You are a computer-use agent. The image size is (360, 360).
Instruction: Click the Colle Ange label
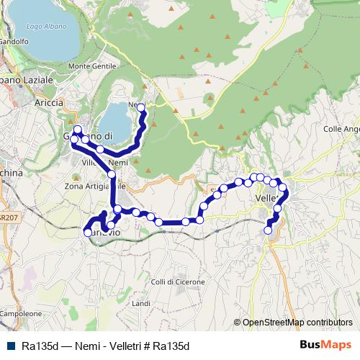341,129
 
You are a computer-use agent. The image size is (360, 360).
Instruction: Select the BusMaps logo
326,345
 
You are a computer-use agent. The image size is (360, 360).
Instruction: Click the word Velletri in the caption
126,346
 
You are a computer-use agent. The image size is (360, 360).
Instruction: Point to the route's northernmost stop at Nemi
141,108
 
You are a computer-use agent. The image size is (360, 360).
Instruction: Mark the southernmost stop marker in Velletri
269,230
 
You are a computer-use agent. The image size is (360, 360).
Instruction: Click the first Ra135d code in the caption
40,346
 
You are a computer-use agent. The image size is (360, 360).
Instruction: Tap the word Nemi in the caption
86,346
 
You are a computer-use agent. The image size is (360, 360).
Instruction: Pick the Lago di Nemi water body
117,121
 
